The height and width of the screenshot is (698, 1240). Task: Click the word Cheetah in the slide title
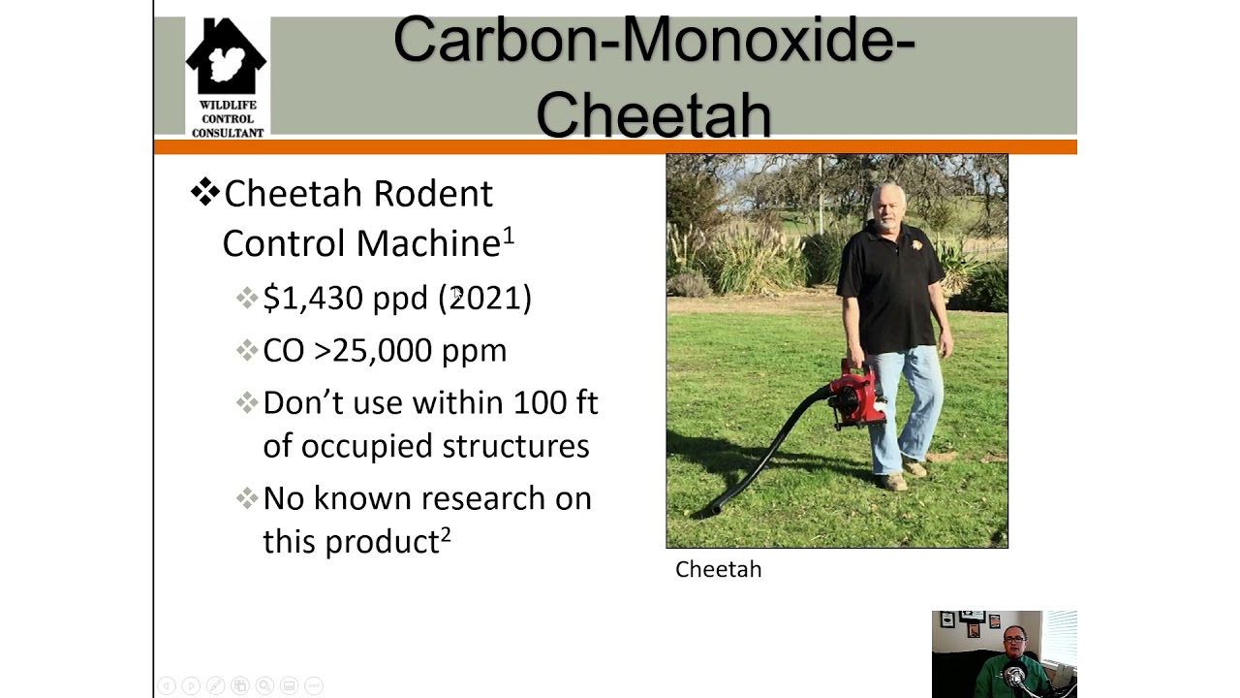654,114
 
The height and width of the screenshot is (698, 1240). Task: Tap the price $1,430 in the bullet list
312,298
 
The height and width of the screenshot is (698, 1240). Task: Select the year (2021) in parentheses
485,298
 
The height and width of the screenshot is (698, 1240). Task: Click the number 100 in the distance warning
542,401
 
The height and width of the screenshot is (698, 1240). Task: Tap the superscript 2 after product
446,533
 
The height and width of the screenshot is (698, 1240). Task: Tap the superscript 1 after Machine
509,235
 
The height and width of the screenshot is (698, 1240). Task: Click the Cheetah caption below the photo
718,569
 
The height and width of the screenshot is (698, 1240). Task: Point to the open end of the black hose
715,508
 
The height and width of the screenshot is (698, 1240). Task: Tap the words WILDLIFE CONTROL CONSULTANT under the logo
227,119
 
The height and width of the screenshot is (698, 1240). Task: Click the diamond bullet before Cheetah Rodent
204,192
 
